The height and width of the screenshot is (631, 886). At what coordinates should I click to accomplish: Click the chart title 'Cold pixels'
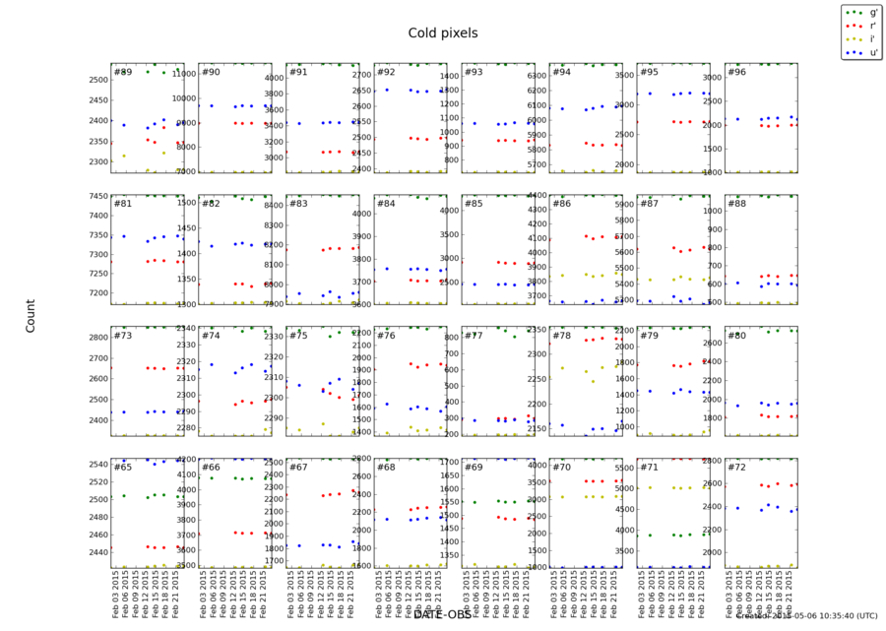tap(443, 33)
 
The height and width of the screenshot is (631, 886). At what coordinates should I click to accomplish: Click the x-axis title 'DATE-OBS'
tap(442, 614)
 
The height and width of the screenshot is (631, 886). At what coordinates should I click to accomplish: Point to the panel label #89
tap(123, 73)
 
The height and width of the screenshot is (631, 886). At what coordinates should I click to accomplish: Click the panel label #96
tap(736, 73)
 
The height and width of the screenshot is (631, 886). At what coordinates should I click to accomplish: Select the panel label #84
tap(386, 204)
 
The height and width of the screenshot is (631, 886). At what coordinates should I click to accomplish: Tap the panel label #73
tap(123, 336)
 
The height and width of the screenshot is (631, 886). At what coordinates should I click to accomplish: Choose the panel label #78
tap(561, 336)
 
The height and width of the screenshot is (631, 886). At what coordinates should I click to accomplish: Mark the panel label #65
tap(123, 468)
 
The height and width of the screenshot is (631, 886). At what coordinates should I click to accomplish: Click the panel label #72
tap(736, 468)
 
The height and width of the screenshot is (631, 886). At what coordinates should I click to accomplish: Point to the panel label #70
tap(561, 468)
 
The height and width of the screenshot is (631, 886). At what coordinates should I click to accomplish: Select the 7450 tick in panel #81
tap(95, 196)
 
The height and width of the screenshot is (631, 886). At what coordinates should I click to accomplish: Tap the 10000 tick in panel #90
tap(182, 98)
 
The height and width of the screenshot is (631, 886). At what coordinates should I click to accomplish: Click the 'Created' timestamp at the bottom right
tap(807, 616)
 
